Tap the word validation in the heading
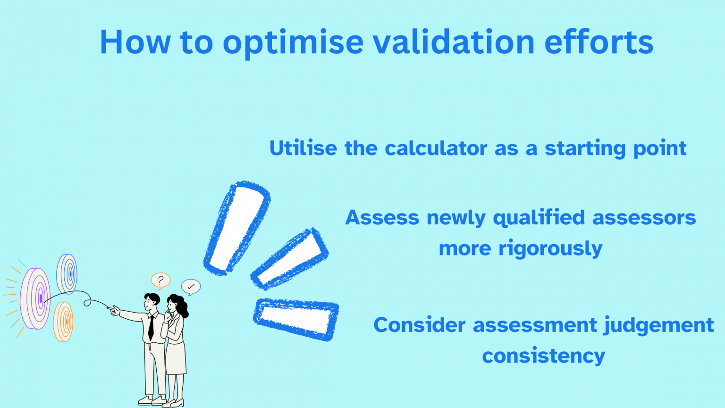point(454,42)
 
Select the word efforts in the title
point(599,42)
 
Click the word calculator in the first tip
point(436,148)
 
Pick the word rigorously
point(550,249)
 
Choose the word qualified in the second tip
point(539,218)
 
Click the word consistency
point(543,356)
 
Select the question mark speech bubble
point(160,280)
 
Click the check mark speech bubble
point(191,287)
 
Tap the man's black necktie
point(151,328)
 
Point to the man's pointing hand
point(114,310)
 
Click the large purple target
point(35,298)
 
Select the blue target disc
point(67,274)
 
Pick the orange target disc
point(63,322)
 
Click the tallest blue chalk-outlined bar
point(236,228)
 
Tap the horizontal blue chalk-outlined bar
point(296,319)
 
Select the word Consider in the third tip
point(419,325)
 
